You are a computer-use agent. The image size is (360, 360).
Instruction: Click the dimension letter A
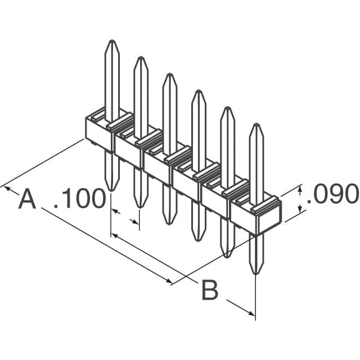[x=27, y=200]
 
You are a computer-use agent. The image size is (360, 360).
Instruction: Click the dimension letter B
[x=209, y=291]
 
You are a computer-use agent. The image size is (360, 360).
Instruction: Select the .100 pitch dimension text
[x=80, y=200]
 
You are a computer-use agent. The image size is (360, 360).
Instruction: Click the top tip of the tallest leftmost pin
[x=112, y=41]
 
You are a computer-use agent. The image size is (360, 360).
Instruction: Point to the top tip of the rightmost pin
[x=256, y=125]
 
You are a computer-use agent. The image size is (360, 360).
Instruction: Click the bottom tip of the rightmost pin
[x=256, y=273]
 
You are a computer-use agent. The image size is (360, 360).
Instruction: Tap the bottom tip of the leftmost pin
[x=112, y=190]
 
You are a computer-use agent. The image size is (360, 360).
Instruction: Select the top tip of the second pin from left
[x=140, y=58]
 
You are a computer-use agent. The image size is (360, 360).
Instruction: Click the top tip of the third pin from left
[x=169, y=74]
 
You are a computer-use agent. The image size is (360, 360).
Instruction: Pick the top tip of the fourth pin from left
[x=198, y=91]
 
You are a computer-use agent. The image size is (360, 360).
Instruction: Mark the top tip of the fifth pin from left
[x=227, y=108]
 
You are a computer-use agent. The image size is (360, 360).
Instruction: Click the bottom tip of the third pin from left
[x=169, y=223]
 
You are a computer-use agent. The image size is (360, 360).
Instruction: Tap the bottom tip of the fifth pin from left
[x=227, y=256]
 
